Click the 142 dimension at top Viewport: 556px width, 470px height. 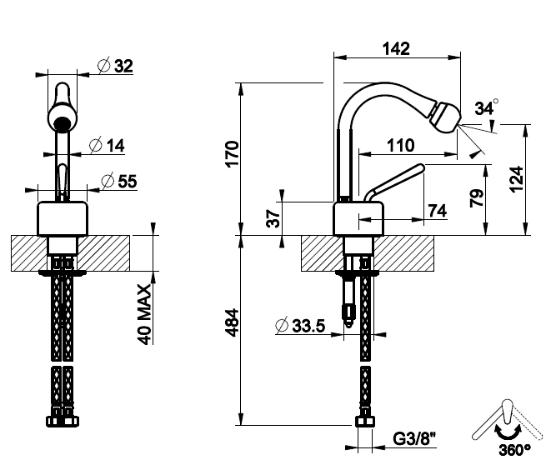396,48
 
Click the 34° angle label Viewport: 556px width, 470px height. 486,108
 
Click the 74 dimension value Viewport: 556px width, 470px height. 436,211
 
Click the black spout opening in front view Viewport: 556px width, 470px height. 60,126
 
